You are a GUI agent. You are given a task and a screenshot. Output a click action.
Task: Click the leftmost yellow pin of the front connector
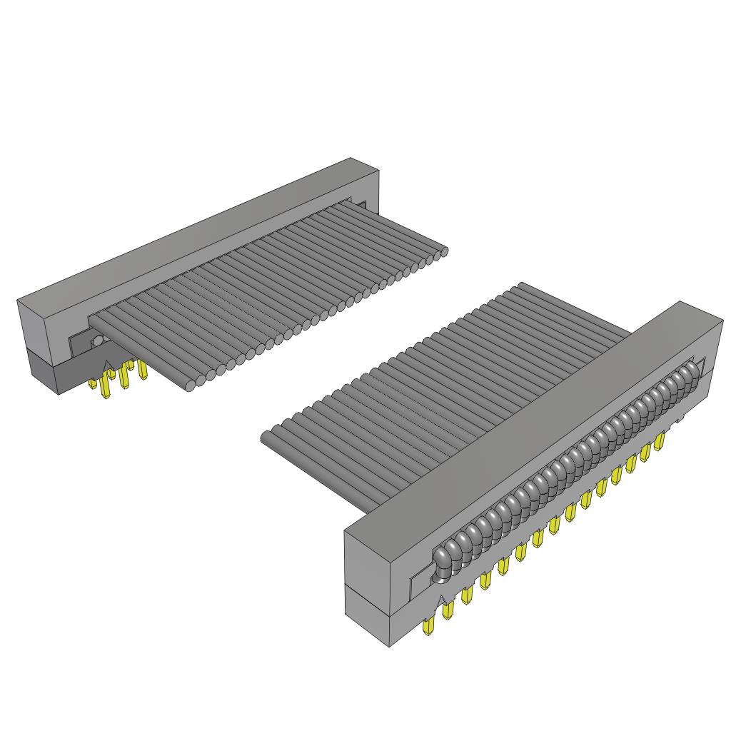coord(429,627)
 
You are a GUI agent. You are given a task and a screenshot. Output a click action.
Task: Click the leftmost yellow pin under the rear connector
coord(93,383)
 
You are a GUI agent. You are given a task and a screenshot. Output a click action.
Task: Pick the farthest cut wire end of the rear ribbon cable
coord(443,251)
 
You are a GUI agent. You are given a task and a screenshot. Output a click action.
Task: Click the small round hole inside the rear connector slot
coord(96,342)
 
